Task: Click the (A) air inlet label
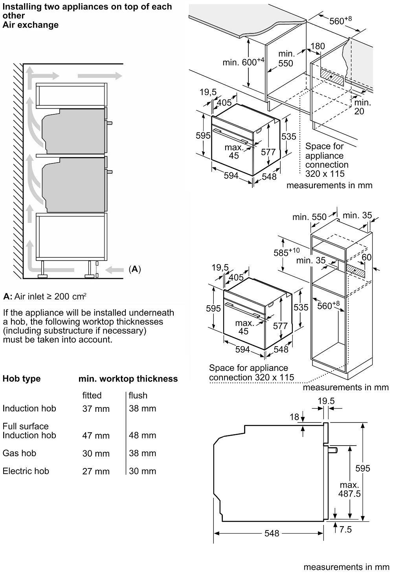point(134,269)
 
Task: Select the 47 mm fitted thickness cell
point(96,435)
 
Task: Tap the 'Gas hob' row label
point(19,453)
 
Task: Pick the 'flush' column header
point(138,395)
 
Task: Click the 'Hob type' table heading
point(22,379)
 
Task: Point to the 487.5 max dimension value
point(349,494)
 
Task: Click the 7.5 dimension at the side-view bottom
point(345,529)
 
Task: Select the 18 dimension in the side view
point(294,418)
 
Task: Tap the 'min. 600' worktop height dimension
point(243,62)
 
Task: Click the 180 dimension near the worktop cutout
point(318,46)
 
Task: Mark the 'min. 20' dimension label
point(362,107)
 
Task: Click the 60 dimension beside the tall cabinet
point(367,257)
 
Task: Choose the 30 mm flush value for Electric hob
point(143,471)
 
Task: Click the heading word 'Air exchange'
point(31,25)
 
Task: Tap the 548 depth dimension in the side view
point(272,533)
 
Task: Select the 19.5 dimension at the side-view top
point(326,401)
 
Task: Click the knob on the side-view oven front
point(332,450)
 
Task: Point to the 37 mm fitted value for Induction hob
point(96,409)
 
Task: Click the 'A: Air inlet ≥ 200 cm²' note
point(45,297)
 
